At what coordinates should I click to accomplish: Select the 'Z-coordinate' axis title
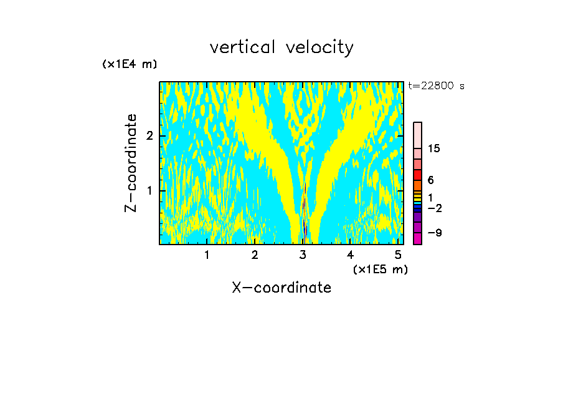131,163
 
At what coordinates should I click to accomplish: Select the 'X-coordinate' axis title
281,288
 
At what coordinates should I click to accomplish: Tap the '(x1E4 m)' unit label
130,64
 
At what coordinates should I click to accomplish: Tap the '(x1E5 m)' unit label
380,269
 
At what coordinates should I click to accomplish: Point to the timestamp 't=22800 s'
437,86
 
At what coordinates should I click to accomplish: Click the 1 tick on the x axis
207,255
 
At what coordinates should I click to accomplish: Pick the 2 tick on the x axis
255,255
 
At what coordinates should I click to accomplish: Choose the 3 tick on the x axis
303,255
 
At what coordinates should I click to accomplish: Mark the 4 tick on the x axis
351,255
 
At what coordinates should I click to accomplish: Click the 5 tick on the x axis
398,255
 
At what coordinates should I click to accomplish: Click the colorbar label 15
434,148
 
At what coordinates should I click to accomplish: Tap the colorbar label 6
430,180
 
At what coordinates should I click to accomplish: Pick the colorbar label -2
434,208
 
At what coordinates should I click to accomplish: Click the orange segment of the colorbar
417,185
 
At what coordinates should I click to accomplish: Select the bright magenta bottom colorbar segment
417,239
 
